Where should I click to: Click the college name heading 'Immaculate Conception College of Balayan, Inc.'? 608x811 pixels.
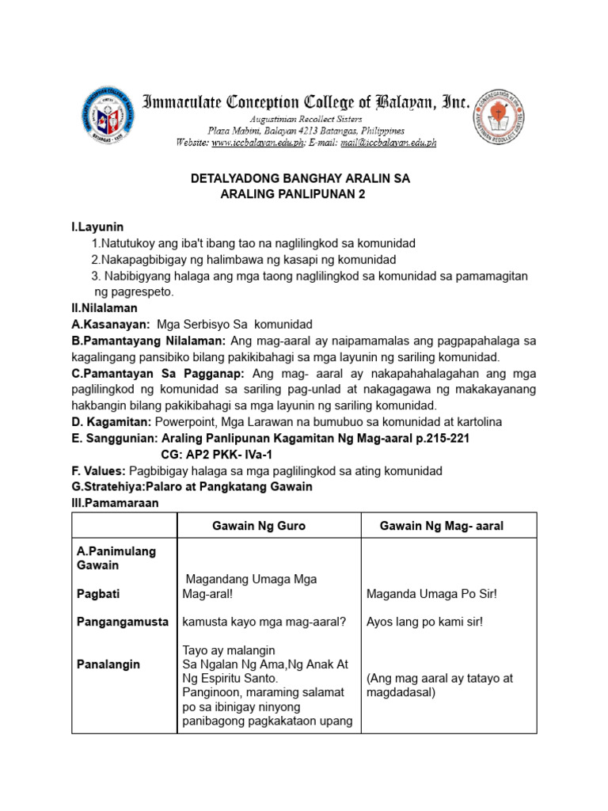306,102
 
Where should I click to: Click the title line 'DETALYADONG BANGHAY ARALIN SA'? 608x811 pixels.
301,180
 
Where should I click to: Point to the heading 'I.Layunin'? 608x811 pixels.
97,227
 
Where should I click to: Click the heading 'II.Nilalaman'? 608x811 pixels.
104,307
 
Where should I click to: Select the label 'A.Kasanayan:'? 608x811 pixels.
111,324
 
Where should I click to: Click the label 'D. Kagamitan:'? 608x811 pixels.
112,421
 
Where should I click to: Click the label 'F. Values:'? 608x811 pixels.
98,470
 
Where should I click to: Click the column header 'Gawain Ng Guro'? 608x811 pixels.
259,526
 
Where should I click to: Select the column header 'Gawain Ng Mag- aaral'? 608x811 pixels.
442,526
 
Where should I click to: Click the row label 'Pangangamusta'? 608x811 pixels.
123,622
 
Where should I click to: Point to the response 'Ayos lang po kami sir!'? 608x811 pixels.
424,622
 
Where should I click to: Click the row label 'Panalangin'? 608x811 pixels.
108,664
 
